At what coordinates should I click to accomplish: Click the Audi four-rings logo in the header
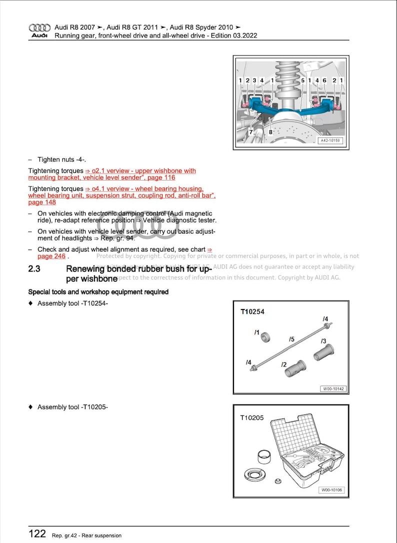pos(39,28)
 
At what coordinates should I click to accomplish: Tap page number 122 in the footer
pos(37,534)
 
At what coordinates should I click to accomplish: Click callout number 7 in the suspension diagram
pos(251,132)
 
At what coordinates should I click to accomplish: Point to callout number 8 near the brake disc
pos(270,132)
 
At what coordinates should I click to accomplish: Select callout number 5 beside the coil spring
pos(302,80)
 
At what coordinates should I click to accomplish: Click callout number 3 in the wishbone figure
pos(254,80)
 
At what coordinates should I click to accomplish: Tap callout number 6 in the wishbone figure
pos(324,80)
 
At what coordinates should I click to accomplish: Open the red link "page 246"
pos(51,256)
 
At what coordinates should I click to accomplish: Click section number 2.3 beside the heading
pos(34,269)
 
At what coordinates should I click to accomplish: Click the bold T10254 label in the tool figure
pos(252,312)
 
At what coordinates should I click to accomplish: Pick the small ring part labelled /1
pos(265,337)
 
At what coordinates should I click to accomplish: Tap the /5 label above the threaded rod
pos(291,339)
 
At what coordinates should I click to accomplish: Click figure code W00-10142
pos(333,388)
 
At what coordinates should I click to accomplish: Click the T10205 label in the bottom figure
pos(252,417)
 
